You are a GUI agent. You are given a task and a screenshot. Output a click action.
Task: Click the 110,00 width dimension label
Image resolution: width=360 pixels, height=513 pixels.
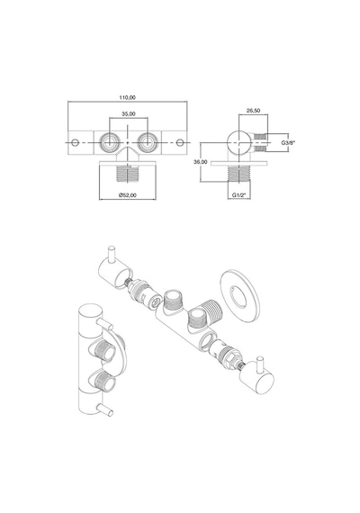128,97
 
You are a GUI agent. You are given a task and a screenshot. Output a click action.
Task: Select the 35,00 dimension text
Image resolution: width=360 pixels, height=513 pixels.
129,114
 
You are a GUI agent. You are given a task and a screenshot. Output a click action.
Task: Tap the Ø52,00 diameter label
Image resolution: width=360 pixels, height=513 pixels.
128,195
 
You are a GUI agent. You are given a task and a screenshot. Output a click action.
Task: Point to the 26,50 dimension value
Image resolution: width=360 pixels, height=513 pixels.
253,111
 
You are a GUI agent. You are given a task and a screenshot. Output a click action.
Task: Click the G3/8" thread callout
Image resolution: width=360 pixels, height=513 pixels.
288,142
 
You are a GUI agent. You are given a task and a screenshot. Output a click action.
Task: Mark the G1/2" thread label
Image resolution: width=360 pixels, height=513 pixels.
239,195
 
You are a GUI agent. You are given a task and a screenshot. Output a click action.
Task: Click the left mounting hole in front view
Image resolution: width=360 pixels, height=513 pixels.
76,142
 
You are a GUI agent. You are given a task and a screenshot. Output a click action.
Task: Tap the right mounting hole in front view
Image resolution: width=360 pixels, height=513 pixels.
180,142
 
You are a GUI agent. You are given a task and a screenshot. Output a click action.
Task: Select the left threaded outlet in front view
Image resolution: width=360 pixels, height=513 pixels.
109,142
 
